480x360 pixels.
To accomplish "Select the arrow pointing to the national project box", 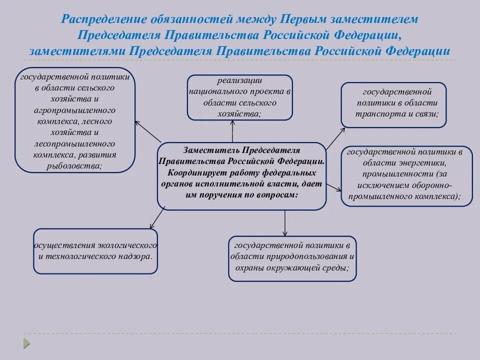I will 233,131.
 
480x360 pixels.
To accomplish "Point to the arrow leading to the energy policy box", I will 333,186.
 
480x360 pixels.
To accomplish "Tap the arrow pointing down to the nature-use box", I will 285,222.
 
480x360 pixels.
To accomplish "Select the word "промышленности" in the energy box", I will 391,174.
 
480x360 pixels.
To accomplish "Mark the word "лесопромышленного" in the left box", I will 74,143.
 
